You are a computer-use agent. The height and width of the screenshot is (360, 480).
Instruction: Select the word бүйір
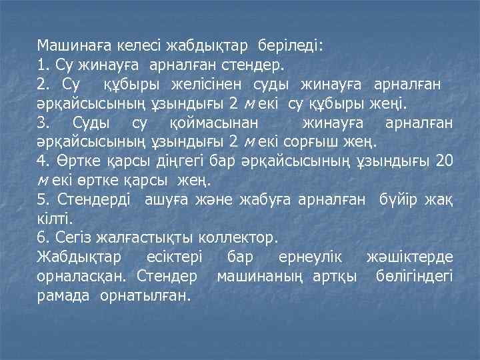click(397, 199)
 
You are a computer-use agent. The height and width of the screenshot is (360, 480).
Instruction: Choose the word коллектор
click(244, 237)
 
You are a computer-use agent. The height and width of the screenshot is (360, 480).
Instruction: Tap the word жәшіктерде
click(410, 257)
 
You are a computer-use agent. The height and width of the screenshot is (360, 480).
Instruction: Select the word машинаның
click(261, 275)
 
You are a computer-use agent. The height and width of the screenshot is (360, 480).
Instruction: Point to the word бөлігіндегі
click(414, 275)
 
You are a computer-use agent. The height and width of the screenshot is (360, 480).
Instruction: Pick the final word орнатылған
click(145, 295)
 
